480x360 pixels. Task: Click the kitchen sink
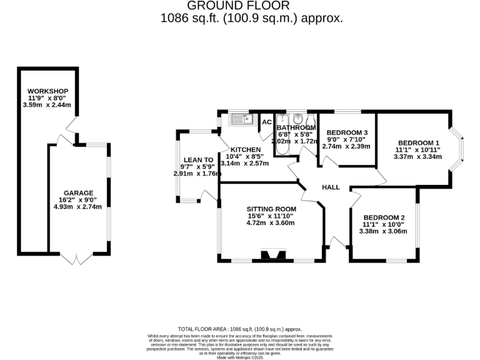pyautogui.click(x=239, y=119)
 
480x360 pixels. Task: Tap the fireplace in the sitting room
pyautogui.click(x=271, y=255)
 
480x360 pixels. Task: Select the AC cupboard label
pyautogui.click(x=267, y=122)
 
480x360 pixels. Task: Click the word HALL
pyautogui.click(x=331, y=187)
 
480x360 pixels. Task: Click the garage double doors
pyautogui.click(x=77, y=257)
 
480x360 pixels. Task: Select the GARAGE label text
pyautogui.click(x=78, y=192)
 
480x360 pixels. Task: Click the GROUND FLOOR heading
pyautogui.click(x=251, y=6)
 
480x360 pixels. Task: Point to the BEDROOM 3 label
pyautogui.click(x=347, y=132)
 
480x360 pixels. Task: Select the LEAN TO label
pyautogui.click(x=194, y=159)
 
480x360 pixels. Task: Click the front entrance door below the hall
pyautogui.click(x=338, y=242)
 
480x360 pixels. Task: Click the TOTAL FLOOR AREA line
pyautogui.click(x=239, y=329)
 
